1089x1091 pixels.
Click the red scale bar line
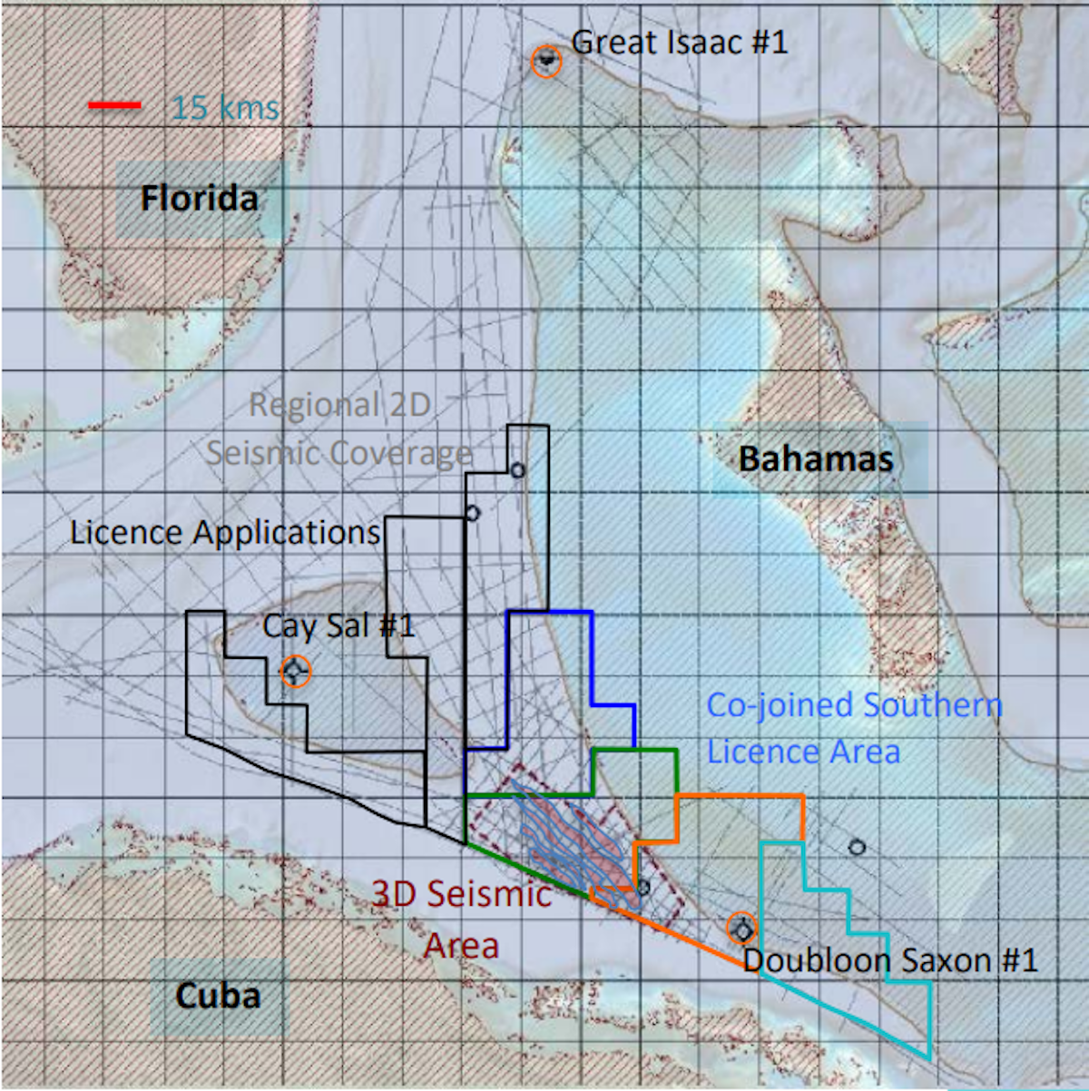click(x=114, y=106)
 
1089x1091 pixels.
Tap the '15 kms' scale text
click(x=225, y=108)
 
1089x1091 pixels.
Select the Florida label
click(x=200, y=199)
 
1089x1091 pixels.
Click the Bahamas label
click(x=816, y=458)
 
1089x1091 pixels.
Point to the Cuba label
click(x=218, y=996)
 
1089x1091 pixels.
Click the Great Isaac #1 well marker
click(x=546, y=61)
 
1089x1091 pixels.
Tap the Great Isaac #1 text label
click(x=680, y=42)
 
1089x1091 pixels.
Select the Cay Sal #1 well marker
click(x=296, y=672)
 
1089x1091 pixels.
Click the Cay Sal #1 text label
click(x=338, y=625)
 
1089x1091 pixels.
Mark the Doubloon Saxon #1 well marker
click(x=743, y=929)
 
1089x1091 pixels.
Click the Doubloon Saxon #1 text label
click(x=889, y=960)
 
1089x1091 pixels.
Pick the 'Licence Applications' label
click(x=225, y=533)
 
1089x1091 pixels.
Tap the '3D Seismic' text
click(x=462, y=894)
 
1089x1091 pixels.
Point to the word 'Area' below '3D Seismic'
click(x=462, y=946)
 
